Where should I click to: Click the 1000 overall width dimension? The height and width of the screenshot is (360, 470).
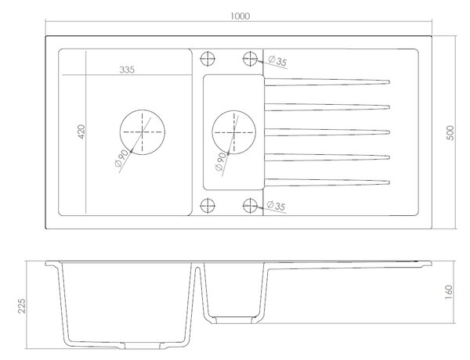pos(240,16)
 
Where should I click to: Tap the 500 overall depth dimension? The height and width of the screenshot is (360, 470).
pos(450,133)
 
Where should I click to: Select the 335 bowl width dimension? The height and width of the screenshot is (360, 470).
pos(127,70)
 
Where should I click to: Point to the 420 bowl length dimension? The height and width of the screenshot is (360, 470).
pos(81,131)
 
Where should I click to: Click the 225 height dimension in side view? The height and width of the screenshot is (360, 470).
pos(22,305)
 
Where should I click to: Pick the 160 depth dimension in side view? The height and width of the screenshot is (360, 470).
pos(448,293)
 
